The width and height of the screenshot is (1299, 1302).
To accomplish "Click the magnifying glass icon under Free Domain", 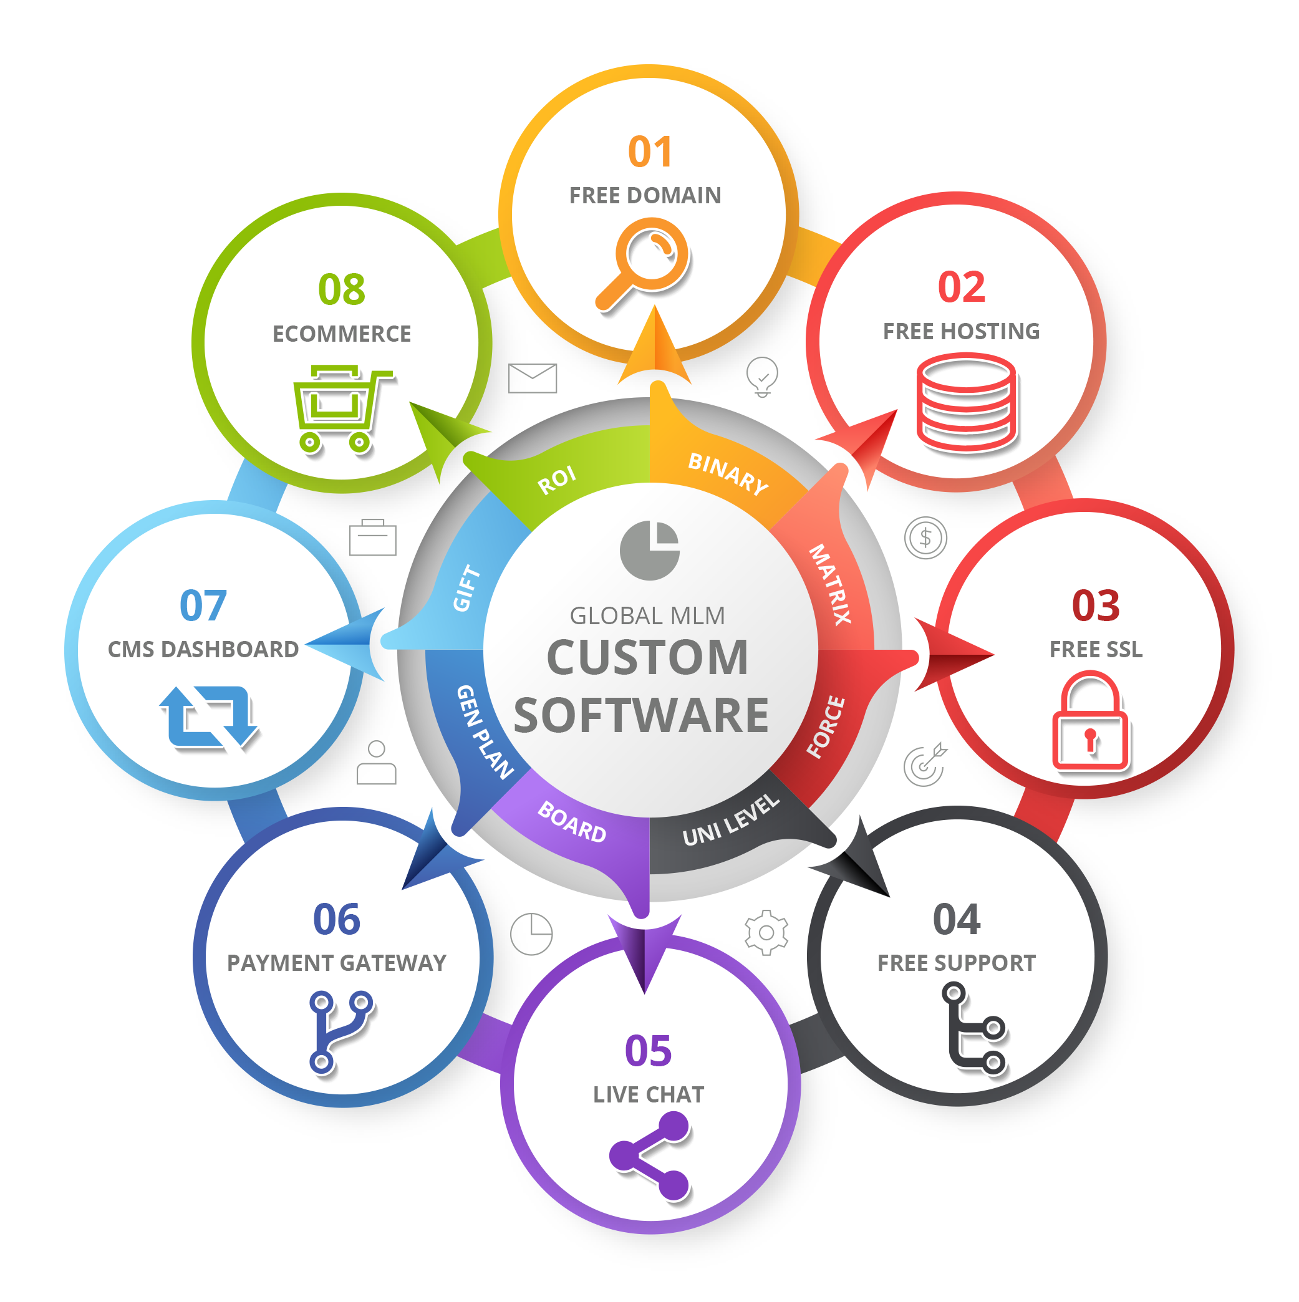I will pyautogui.click(x=644, y=263).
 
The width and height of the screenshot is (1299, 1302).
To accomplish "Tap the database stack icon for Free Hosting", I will pyautogui.click(x=966, y=403).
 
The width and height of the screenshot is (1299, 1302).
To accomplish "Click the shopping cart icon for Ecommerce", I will pyautogui.click(x=340, y=408).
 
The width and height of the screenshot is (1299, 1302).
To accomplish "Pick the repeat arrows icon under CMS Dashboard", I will pyautogui.click(x=208, y=717).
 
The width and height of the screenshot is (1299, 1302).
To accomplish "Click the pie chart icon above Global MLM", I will pyautogui.click(x=649, y=550).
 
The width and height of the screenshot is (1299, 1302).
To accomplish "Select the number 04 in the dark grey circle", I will pyautogui.click(x=956, y=920).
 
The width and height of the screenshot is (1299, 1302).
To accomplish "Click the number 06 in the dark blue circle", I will pyautogui.click(x=336, y=919).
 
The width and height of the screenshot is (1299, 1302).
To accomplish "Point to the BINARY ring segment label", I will pyautogui.click(x=728, y=473).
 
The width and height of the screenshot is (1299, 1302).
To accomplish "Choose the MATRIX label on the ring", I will pyautogui.click(x=830, y=584).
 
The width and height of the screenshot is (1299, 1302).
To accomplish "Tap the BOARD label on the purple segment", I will pyautogui.click(x=572, y=822).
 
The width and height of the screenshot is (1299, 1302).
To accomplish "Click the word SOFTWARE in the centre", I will pyautogui.click(x=641, y=716).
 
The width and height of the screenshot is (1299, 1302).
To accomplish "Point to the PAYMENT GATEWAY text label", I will pyautogui.click(x=336, y=963).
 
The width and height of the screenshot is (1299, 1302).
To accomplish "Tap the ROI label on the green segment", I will pyautogui.click(x=557, y=480).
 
